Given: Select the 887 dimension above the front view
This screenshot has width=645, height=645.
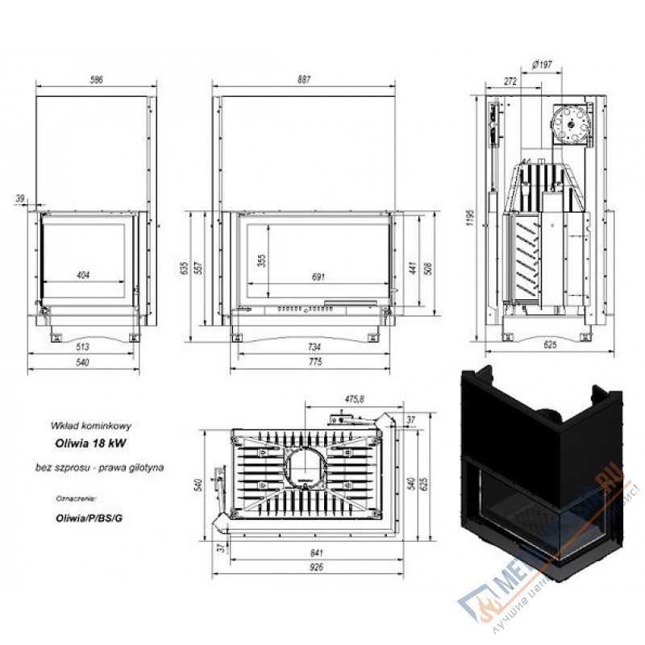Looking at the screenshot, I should [303, 80].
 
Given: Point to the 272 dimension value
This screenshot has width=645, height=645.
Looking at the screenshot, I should [510, 81].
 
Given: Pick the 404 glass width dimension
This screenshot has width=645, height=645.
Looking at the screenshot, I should [82, 275].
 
